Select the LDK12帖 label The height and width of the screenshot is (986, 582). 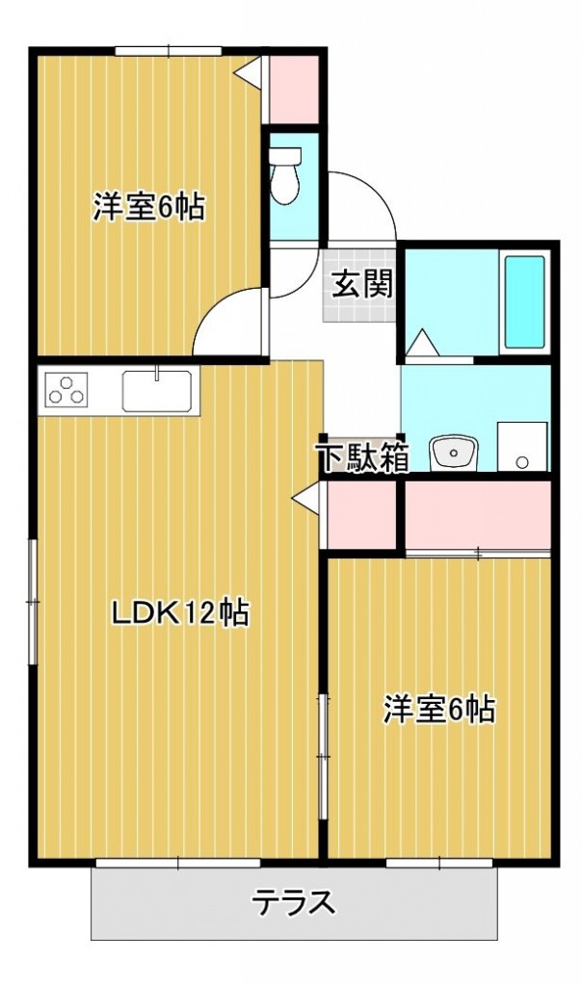[x=179, y=611]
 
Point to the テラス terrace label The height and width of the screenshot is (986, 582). [x=294, y=902]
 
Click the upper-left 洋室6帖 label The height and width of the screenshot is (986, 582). [x=148, y=206]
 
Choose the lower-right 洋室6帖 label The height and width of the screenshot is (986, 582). [x=438, y=709]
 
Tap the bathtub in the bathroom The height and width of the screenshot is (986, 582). [x=525, y=301]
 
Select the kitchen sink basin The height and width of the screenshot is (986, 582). [x=156, y=390]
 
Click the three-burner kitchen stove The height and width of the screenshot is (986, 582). [x=65, y=391]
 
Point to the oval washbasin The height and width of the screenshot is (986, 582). [x=453, y=451]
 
